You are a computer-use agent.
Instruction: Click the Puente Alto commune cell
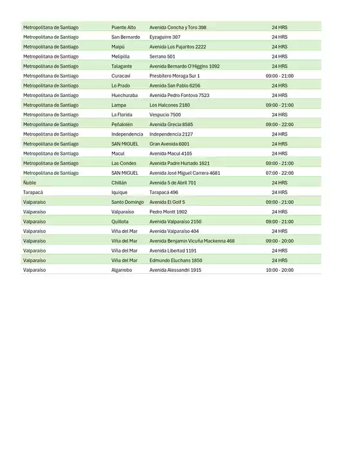[x=123, y=28]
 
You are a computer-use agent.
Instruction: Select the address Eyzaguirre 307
[x=165, y=37]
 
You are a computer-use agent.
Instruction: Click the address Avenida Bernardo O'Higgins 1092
[x=184, y=66]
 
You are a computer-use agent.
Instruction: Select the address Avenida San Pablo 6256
[x=175, y=85]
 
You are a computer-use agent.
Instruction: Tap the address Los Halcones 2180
[x=170, y=105]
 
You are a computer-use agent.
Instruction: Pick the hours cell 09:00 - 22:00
[x=279, y=125]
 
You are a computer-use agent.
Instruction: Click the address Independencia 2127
[x=170, y=134]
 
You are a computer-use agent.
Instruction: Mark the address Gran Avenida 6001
[x=169, y=144]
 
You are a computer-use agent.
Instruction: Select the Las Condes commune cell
[x=123, y=163]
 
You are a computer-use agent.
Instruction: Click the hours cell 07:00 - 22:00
[x=279, y=173]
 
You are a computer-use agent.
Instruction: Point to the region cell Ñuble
[x=30, y=183]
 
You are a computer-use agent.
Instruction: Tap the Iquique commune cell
[x=120, y=192]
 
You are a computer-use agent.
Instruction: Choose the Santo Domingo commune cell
[x=127, y=202]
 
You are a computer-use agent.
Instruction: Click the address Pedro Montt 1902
[x=168, y=211]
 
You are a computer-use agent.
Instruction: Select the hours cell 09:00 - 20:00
[x=279, y=241]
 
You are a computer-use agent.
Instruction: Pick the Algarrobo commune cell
[x=122, y=270]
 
